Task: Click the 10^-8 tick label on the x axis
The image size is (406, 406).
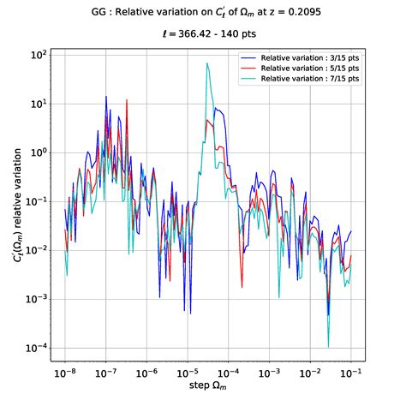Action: pos(65,373)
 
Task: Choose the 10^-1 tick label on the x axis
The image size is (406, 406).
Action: pos(350,373)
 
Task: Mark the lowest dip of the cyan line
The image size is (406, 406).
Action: pos(329,347)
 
